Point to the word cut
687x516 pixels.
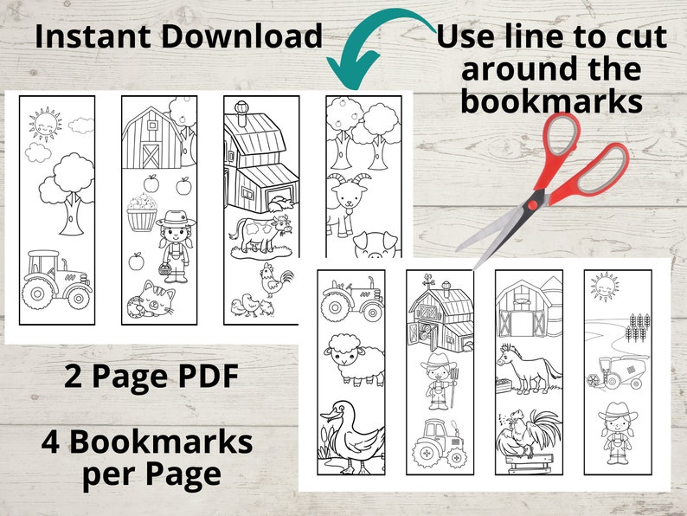639,37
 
